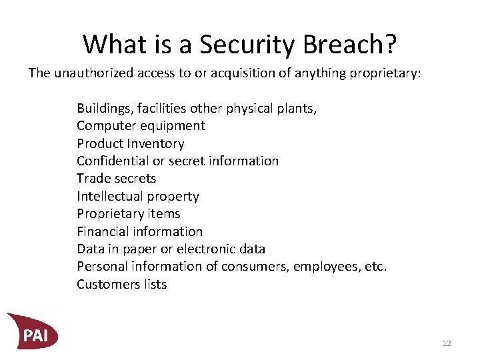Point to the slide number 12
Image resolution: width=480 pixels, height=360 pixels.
point(447,343)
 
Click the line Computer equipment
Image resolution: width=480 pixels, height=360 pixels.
point(141,125)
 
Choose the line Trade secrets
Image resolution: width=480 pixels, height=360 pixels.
point(116,178)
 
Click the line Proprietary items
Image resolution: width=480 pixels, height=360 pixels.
point(128,213)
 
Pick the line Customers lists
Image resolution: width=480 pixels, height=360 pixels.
point(121,284)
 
